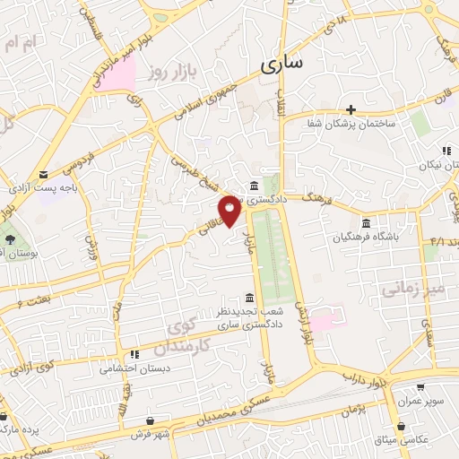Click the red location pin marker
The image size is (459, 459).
pos(229,211)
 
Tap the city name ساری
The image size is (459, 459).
pos(282,64)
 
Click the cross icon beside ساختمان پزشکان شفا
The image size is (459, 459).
pos(351,108)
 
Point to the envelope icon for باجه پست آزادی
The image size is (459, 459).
pos(44,174)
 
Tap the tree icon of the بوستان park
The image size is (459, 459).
pos(10,239)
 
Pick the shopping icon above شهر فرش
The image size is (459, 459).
pos(149,420)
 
